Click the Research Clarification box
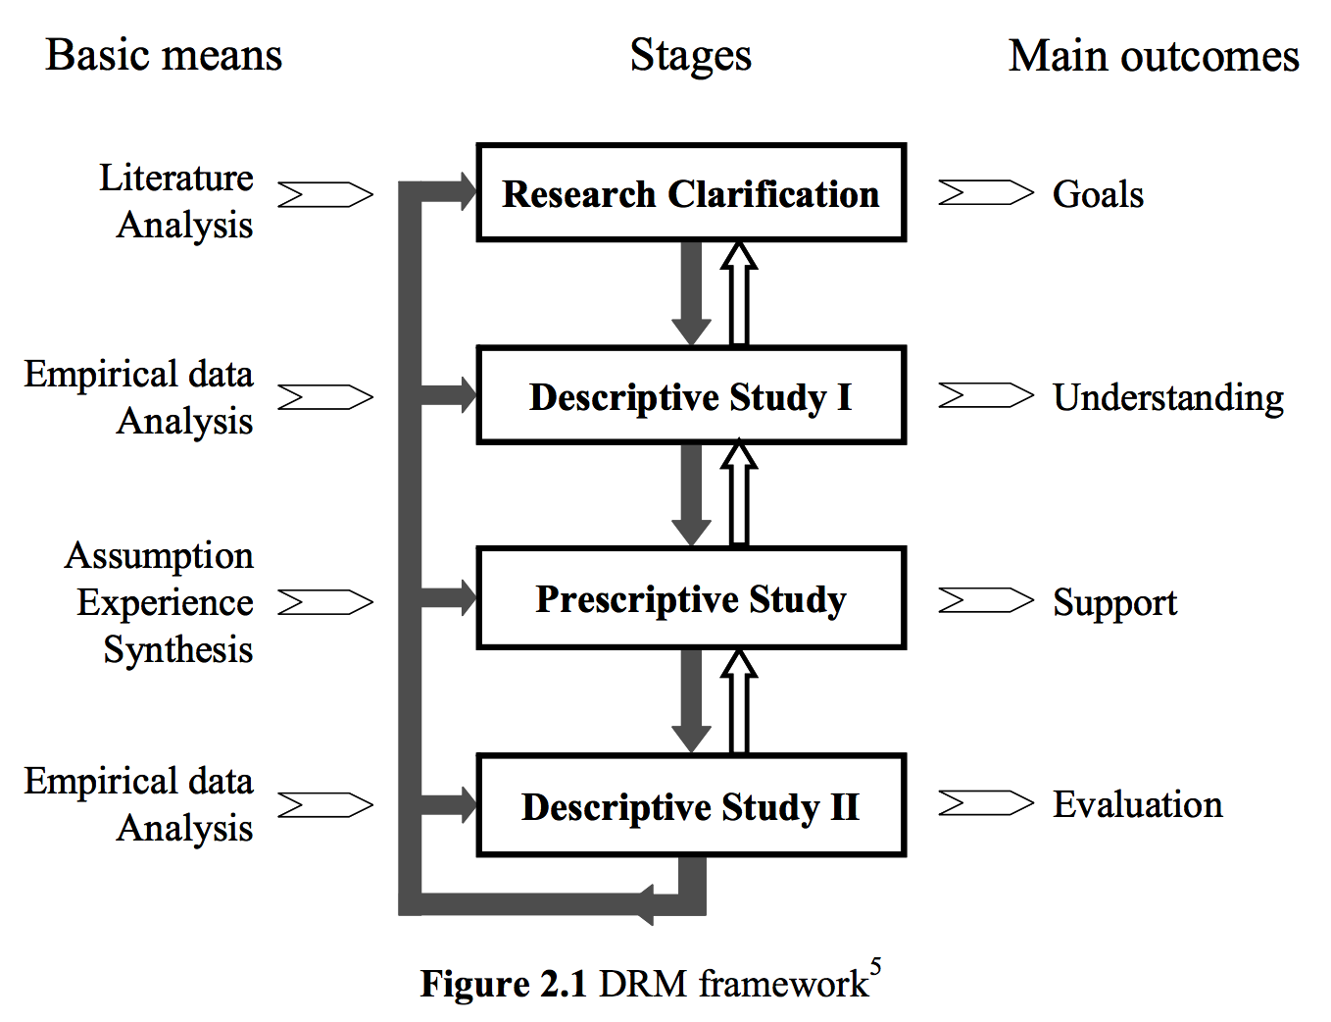point(691,193)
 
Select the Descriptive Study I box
point(691,395)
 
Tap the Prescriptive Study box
point(691,598)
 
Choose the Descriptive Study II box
point(691,805)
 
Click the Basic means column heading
point(164,55)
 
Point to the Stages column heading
point(690,57)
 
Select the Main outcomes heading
point(1154,56)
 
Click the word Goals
point(1098,194)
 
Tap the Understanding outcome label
point(1168,398)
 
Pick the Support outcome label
point(1114,603)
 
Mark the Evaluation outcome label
point(1138,804)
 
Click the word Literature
point(176,178)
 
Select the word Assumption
point(159,557)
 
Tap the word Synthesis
point(178,649)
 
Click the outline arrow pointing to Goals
point(986,192)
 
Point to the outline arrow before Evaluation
point(986,802)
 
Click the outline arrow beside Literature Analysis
point(325,195)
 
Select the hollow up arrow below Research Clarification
point(739,293)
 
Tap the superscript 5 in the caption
point(876,967)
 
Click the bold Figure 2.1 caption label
point(504,985)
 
